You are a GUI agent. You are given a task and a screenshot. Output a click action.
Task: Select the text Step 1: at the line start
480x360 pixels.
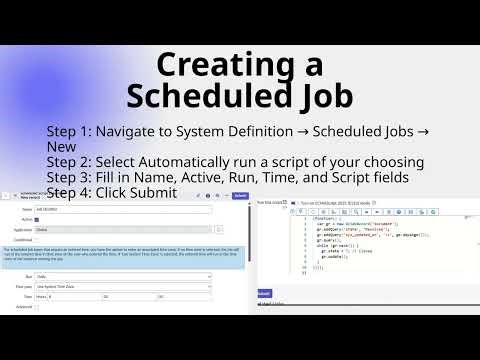(x=72, y=132)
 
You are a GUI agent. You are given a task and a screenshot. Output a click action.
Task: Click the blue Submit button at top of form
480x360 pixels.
(x=240, y=196)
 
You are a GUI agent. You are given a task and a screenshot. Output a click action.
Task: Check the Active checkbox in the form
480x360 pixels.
(x=37, y=219)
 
